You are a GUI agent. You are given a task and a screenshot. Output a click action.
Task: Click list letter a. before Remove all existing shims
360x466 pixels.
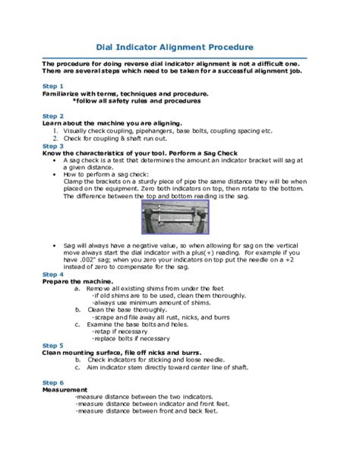point(77,290)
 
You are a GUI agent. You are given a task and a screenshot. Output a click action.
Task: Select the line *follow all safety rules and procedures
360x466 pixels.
point(139,100)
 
